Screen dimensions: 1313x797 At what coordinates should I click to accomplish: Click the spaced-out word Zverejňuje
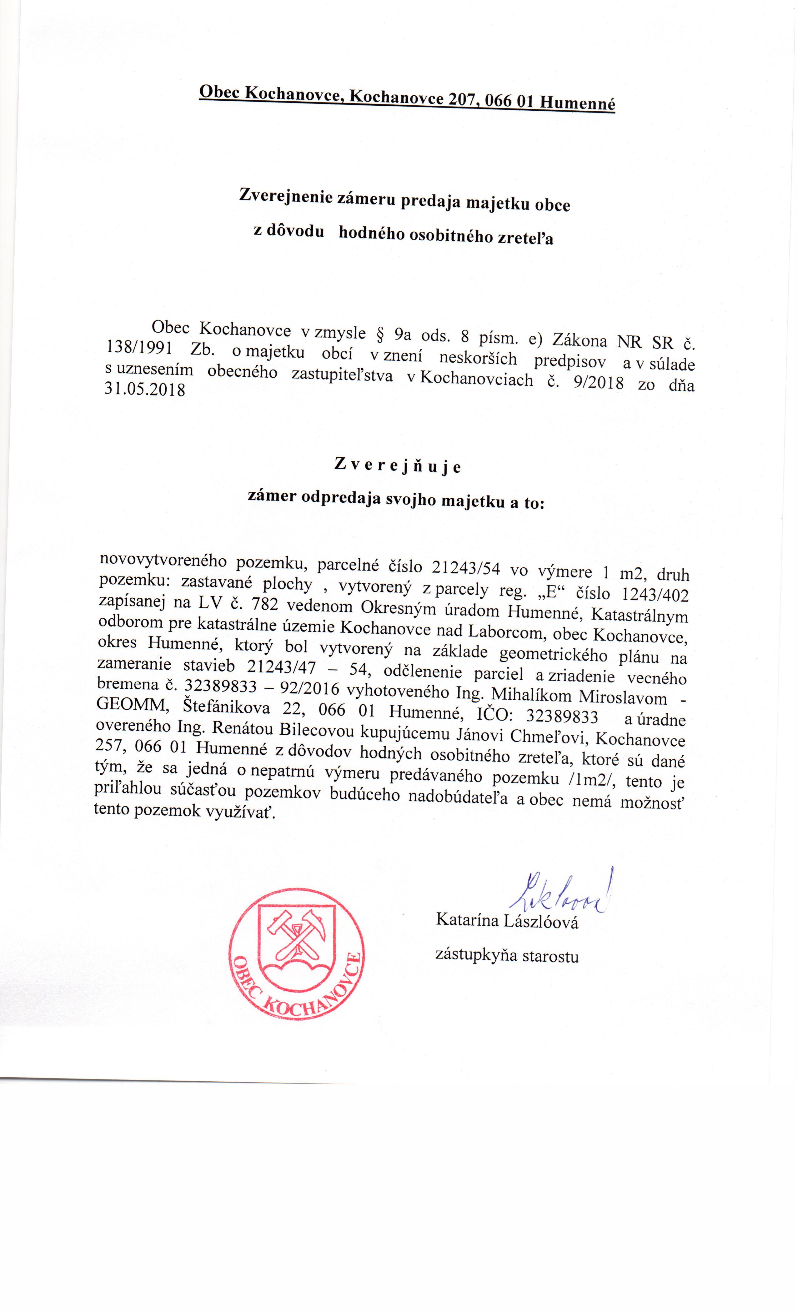coord(397,466)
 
